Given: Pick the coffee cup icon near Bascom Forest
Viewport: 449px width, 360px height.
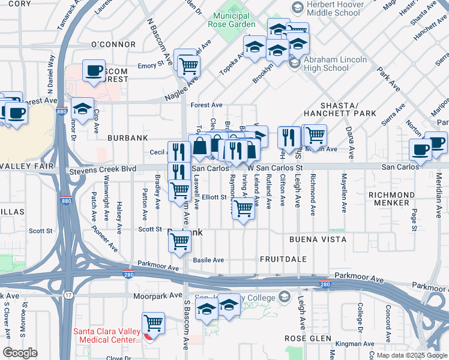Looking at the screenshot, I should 94,70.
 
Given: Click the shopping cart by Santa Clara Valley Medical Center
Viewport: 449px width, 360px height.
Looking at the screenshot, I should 154,323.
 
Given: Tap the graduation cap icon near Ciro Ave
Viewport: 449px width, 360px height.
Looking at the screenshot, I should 82,109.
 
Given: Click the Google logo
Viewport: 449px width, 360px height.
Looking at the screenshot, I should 20,353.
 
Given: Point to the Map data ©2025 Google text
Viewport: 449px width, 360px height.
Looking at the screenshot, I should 411,355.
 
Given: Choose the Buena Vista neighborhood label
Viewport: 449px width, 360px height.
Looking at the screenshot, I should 318,239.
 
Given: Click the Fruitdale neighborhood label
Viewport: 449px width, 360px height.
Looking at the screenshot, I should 283,259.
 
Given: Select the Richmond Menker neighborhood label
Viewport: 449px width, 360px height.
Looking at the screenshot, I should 391,199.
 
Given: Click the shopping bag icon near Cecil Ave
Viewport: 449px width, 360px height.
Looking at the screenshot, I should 199,146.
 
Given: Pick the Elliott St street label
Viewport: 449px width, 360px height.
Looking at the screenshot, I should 214,196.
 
